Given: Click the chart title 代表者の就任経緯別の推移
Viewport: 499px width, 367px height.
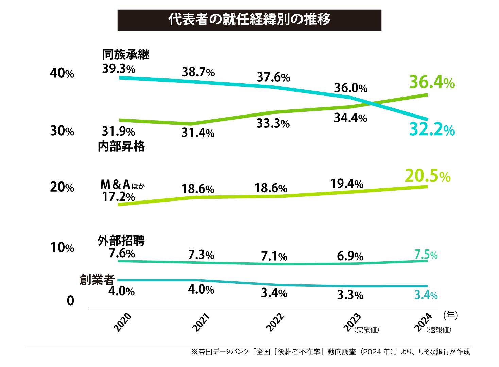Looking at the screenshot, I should click(249, 20).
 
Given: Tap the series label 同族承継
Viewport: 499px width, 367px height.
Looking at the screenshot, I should click(126, 54).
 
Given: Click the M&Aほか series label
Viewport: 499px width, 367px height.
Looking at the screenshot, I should click(120, 185).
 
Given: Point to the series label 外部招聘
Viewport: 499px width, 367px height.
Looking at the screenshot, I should click(121, 241).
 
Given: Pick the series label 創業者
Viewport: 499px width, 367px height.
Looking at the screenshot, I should click(97, 280).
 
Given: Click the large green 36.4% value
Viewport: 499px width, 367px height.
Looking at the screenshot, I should click(431, 83).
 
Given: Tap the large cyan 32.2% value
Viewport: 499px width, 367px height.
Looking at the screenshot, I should click(432, 129).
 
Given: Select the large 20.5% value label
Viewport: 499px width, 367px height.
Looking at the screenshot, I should click(428, 176).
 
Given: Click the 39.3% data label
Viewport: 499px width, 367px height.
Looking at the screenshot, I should click(119, 69).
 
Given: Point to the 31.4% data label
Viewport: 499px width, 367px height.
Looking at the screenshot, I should click(198, 133).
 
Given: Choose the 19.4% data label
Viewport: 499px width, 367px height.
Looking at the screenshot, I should click(347, 184).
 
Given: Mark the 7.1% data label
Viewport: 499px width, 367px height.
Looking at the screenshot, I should click(274, 257).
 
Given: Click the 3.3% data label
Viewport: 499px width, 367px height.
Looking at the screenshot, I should click(350, 295).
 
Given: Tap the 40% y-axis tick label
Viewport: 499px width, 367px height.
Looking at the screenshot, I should click(62, 73).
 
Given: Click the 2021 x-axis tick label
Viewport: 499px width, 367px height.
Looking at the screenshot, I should click(201, 323).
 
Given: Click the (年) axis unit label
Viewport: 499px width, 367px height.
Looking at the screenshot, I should click(450, 316).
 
